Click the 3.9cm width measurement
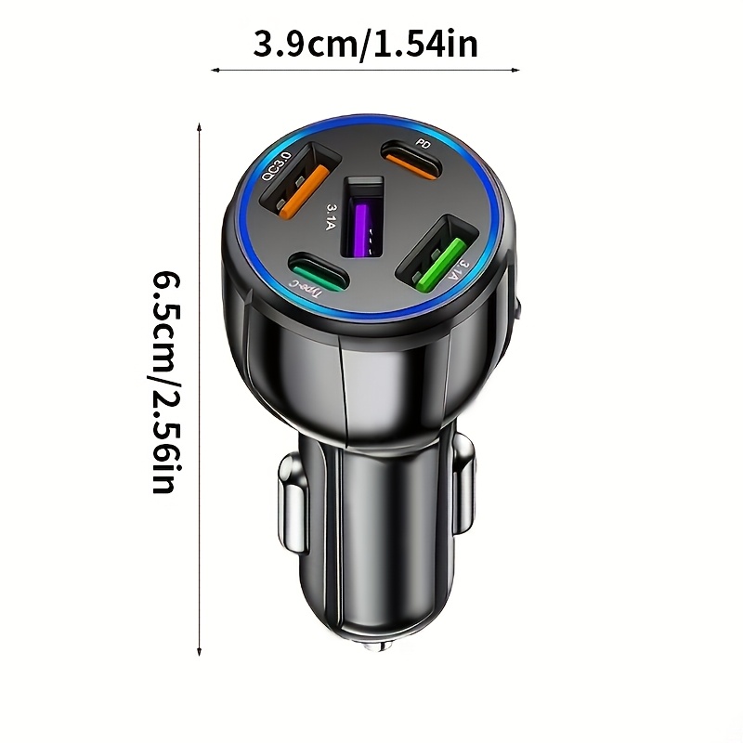306,44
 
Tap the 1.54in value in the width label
425,44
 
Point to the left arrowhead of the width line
215,71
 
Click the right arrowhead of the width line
515,71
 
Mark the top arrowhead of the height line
200,127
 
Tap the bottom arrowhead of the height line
200,651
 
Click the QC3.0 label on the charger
276,165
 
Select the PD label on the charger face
424,143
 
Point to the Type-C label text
306,289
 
